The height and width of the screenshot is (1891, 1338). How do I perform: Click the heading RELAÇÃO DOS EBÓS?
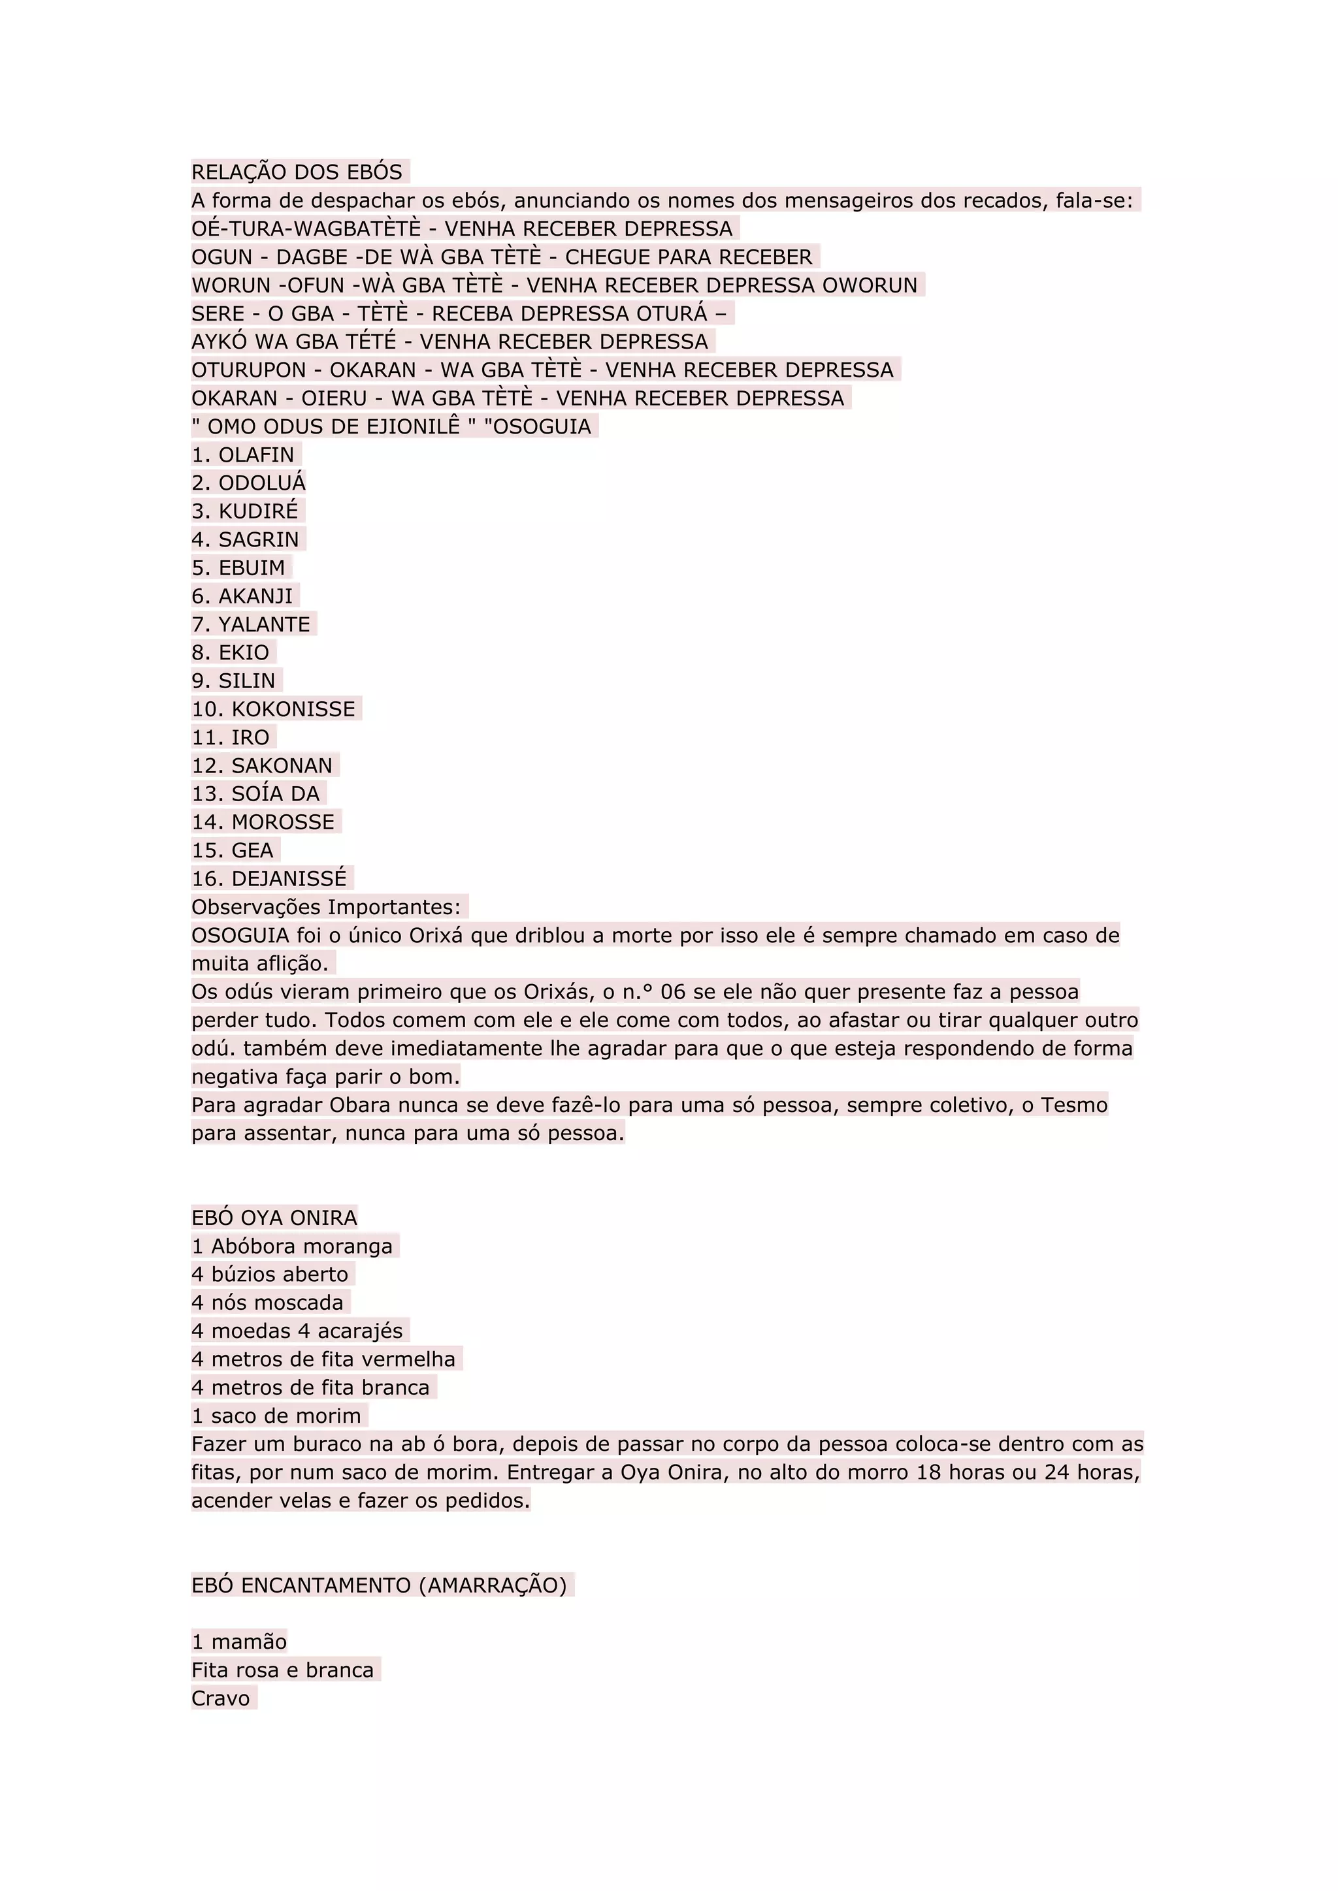click(297, 172)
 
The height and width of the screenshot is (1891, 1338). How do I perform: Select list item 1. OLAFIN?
click(243, 454)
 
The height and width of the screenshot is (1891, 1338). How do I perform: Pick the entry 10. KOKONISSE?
click(274, 709)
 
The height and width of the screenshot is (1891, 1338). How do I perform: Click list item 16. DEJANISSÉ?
click(269, 879)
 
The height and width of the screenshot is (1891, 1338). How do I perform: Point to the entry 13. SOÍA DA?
click(255, 794)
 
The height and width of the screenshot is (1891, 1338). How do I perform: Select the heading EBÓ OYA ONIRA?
click(274, 1218)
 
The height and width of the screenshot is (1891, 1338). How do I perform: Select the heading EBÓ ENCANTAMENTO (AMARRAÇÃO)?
click(379, 1585)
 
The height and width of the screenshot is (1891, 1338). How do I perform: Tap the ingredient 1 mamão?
click(239, 1642)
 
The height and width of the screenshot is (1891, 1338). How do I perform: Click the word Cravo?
click(221, 1698)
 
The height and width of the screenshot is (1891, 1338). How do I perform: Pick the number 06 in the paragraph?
click(673, 992)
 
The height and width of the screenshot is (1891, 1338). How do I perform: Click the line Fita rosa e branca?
click(283, 1670)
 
